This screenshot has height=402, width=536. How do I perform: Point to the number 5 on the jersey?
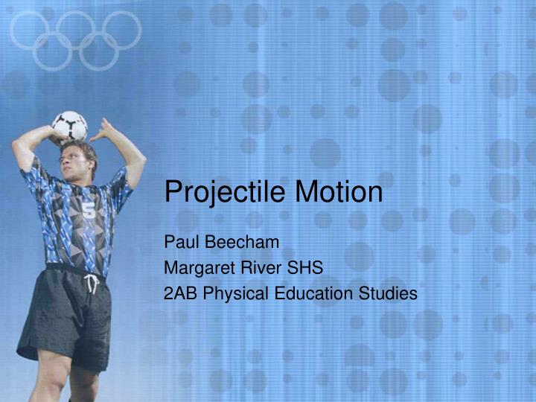(x=89, y=211)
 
